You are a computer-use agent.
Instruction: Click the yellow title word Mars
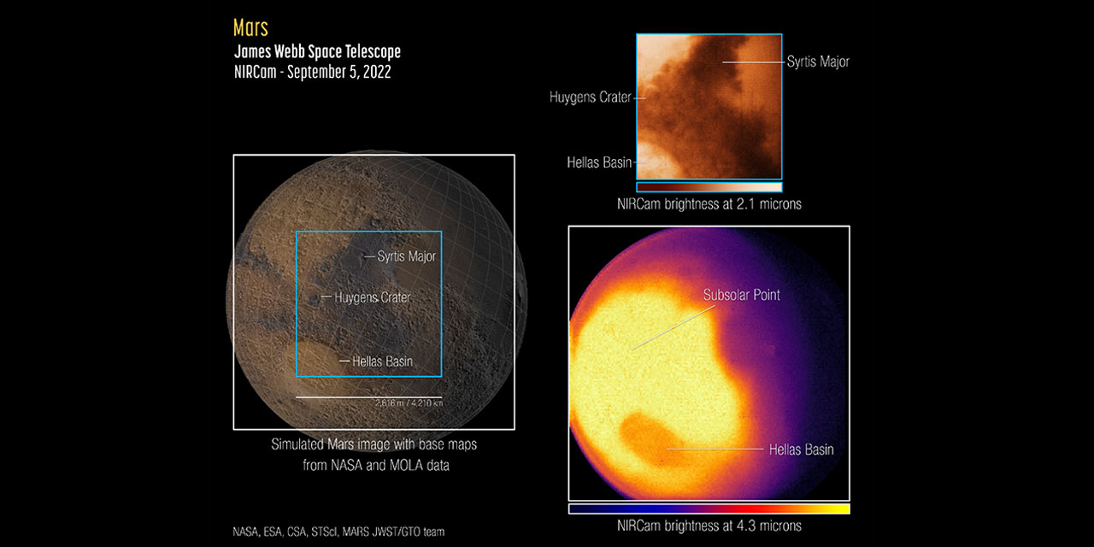[250, 27]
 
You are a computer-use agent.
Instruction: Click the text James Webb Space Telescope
[317, 51]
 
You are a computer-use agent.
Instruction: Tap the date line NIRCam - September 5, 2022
[312, 72]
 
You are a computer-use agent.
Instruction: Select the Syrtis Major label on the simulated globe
[406, 256]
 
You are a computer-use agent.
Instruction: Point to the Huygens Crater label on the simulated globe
[372, 297]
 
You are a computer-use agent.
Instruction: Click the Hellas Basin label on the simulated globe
[382, 362]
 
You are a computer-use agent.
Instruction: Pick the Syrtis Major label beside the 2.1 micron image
[818, 62]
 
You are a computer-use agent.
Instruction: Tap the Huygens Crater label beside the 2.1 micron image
[590, 97]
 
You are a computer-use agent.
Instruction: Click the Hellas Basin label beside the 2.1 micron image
[599, 162]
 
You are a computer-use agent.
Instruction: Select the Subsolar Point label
[741, 295]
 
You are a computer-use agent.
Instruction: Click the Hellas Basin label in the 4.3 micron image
[801, 449]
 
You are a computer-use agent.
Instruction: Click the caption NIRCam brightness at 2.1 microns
[709, 204]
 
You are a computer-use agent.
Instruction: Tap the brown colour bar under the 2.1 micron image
[709, 186]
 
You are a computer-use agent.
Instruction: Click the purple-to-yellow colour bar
[709, 509]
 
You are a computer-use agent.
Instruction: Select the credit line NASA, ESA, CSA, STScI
[338, 532]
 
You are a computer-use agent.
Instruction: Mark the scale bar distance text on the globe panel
[408, 403]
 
